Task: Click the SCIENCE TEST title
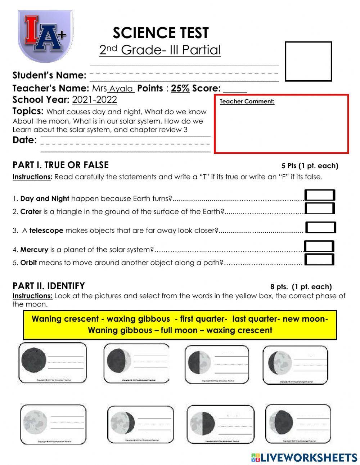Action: [x=161, y=33]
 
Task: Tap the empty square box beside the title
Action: [x=308, y=61]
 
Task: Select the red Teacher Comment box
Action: [x=281, y=124]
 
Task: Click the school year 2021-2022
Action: [x=94, y=100]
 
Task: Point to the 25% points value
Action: [x=180, y=88]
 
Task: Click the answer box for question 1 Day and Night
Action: [x=320, y=195]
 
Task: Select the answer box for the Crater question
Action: [x=320, y=208]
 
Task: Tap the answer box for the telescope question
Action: [x=320, y=228]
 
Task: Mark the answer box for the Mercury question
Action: [x=319, y=246]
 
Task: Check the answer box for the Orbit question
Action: [x=319, y=259]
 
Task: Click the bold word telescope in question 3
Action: [x=46, y=231]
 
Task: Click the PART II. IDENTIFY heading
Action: [x=49, y=286]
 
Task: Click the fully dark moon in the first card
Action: [x=34, y=360]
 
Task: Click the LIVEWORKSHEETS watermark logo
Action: [x=304, y=457]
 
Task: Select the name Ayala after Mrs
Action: [x=121, y=89]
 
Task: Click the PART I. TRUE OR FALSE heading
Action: [x=60, y=165]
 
